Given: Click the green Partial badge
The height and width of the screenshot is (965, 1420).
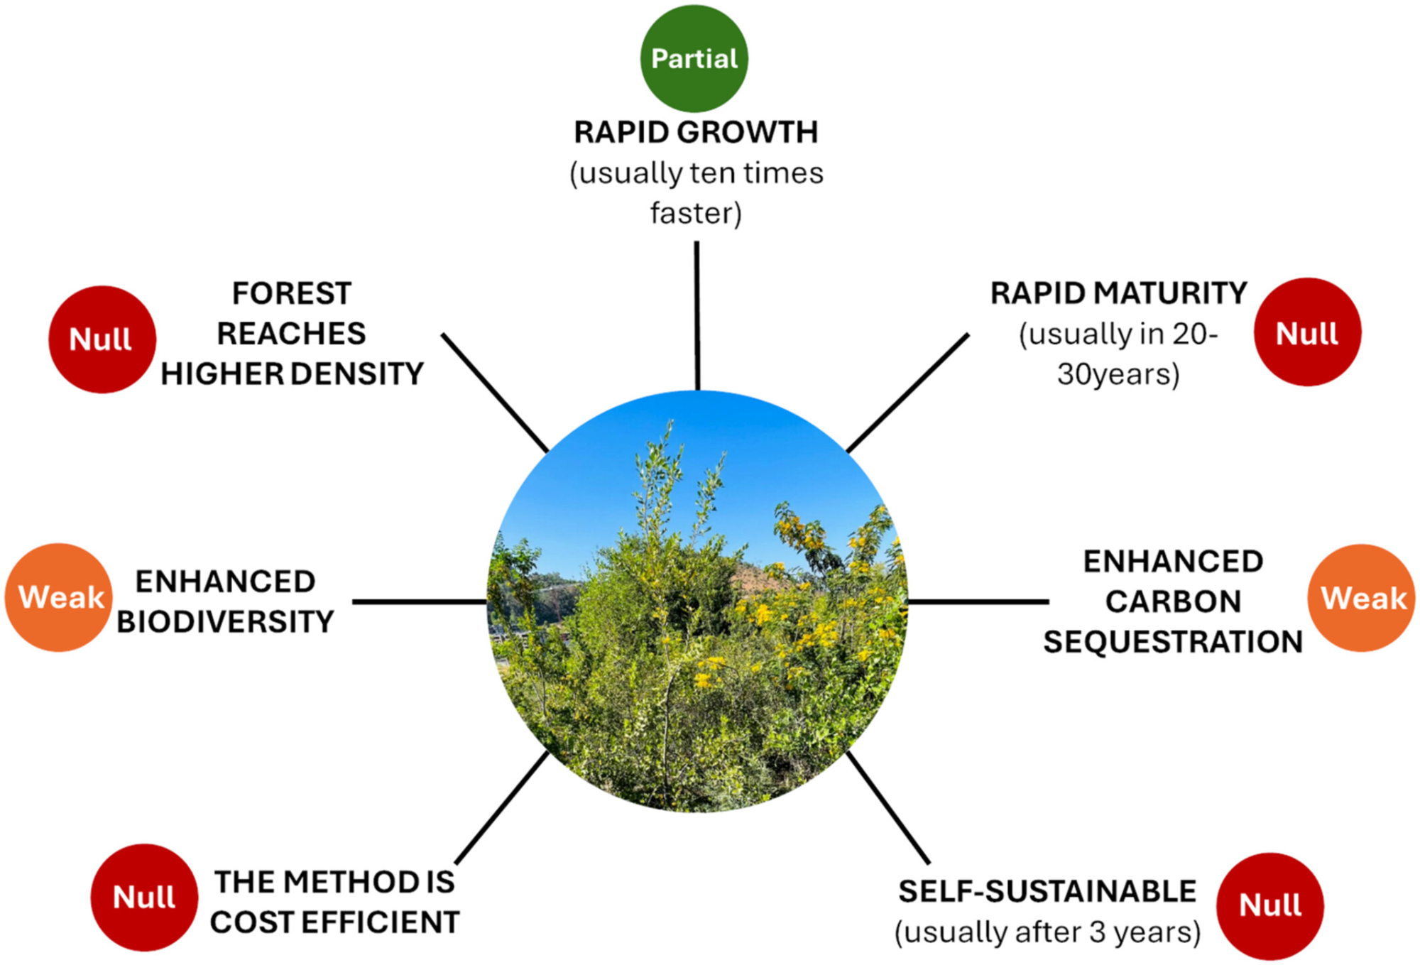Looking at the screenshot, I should [694, 58].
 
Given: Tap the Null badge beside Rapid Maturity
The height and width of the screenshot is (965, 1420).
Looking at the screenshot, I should [1306, 332].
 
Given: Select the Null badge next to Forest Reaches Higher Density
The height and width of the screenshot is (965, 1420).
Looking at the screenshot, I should [102, 339].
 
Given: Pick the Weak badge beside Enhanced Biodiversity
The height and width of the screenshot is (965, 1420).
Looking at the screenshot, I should [60, 597].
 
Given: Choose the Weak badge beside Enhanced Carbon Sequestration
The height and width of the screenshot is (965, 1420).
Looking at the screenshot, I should [1361, 598].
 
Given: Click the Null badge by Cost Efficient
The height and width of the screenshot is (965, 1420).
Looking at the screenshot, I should [144, 898].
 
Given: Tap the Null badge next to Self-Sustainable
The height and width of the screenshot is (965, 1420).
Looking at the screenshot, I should [1269, 905].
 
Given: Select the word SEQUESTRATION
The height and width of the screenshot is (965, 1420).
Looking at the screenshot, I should [1173, 642].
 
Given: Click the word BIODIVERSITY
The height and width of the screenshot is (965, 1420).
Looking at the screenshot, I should [225, 622].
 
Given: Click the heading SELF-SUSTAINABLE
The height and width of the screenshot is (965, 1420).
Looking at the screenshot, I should [1047, 892].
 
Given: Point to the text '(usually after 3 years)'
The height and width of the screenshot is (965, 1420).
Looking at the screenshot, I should [1047, 932].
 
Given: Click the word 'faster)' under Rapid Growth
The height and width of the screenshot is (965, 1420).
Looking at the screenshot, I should [696, 213].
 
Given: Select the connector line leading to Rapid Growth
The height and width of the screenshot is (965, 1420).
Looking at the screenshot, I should [697, 316].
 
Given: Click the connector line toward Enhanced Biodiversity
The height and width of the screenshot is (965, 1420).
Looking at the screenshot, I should [419, 601].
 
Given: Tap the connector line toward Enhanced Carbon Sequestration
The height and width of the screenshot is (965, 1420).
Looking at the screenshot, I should [978, 601].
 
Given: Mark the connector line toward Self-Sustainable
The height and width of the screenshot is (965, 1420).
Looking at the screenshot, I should [887, 806].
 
